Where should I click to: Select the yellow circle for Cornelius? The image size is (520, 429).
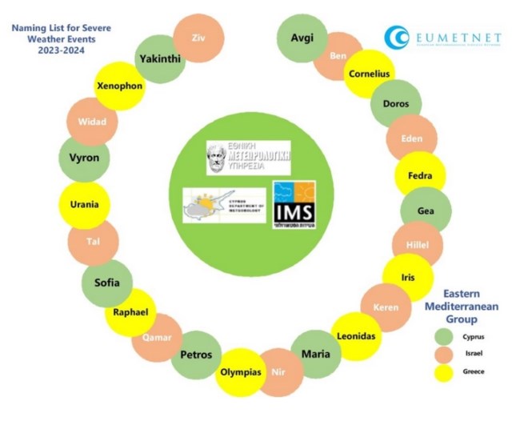[369, 74]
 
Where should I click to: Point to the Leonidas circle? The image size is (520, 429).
[354, 336]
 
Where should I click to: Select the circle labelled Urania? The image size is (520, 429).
[85, 204]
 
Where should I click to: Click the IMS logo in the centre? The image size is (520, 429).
[294, 207]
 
